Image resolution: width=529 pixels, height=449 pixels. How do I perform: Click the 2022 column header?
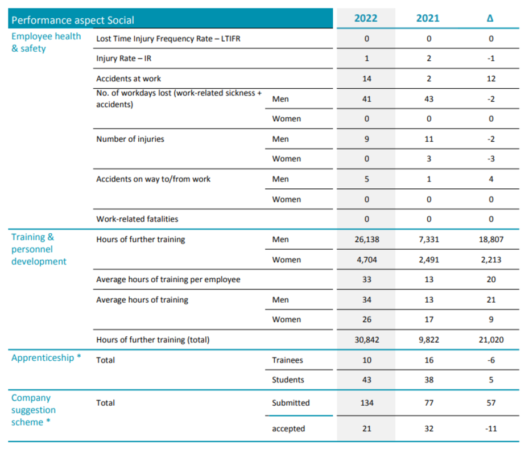point(366,18)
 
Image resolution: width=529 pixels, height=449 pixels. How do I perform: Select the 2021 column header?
point(428,18)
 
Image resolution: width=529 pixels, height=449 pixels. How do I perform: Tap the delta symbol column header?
point(490,18)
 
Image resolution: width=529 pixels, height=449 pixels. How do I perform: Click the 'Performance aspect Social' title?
point(73,20)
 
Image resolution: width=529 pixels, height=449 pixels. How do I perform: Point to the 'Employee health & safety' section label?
point(46,42)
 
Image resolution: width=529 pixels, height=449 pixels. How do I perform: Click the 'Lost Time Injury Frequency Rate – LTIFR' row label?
point(168,39)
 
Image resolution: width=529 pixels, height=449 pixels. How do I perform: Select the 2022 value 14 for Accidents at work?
point(367,79)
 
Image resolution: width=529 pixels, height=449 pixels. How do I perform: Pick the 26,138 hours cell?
point(367,240)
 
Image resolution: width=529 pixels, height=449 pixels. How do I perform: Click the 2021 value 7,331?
point(429,240)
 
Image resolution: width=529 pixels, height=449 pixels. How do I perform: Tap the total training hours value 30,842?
point(367,340)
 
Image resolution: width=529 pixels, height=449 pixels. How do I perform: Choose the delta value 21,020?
point(491,340)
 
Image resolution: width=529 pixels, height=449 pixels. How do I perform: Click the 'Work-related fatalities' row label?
point(137,219)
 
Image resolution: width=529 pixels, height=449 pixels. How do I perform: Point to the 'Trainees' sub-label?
point(287,360)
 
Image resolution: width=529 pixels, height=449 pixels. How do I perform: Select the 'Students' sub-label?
point(288,380)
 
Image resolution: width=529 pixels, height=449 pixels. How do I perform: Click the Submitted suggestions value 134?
point(367,403)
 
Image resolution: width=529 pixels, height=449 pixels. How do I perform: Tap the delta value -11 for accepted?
point(491,429)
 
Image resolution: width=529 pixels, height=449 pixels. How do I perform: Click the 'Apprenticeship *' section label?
point(46,358)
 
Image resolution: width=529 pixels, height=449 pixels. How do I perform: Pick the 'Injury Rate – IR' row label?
point(124,59)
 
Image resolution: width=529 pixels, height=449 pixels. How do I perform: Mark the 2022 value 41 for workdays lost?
point(367,99)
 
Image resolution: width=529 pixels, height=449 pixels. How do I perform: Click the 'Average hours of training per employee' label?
point(168,279)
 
